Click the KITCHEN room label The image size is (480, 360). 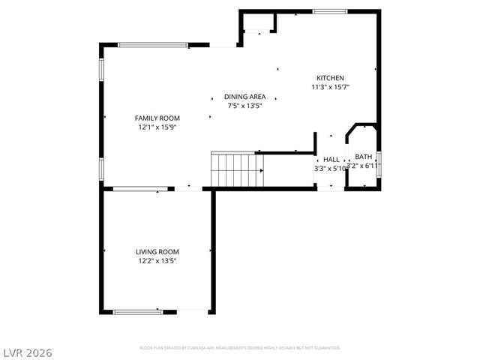[330, 78]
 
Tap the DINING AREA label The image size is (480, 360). [244, 97]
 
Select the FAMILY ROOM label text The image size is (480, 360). [157, 118]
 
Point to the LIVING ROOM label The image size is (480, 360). [157, 252]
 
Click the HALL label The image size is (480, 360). [331, 159]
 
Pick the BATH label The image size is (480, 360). [364, 157]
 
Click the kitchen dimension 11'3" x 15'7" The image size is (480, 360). [330, 87]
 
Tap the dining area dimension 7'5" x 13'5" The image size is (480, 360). [244, 106]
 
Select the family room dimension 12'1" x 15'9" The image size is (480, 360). [157, 127]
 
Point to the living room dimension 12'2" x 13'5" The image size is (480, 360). [157, 261]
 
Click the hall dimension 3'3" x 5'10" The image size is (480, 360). [330, 168]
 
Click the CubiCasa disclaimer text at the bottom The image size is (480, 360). [240, 348]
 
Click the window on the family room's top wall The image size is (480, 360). [153, 45]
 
